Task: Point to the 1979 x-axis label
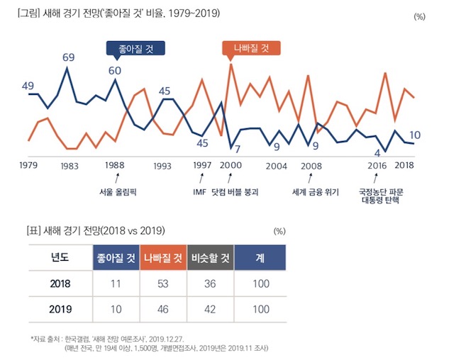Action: click(x=28, y=165)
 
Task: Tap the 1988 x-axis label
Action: click(x=115, y=165)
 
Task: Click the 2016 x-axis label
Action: click(x=378, y=165)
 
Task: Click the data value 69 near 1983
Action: click(x=68, y=57)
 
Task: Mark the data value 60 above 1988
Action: click(x=115, y=70)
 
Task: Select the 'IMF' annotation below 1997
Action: click(x=199, y=191)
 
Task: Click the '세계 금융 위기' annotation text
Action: click(x=316, y=191)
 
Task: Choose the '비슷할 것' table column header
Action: click(x=211, y=258)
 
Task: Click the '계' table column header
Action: click(x=260, y=258)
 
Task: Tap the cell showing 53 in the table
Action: click(x=163, y=284)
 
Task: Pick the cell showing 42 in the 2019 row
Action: click(x=211, y=310)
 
